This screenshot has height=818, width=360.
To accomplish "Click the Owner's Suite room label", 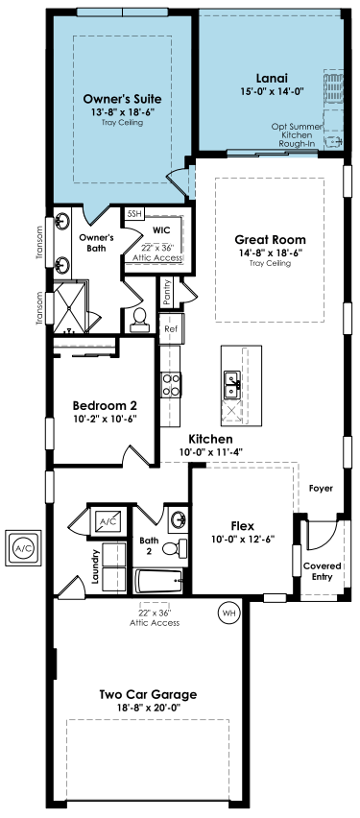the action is pos(122,99).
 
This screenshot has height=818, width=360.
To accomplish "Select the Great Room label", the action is pos(270,240).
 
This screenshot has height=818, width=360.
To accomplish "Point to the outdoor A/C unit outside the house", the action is pos(23,548).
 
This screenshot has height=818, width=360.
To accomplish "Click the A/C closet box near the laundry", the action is pos(107,520).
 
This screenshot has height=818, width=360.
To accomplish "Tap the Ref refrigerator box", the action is pos(171,328).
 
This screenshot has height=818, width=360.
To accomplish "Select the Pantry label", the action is pos(167,292).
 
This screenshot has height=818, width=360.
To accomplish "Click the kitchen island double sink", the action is pos(231,385).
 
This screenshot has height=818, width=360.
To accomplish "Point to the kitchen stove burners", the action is pos(171,384).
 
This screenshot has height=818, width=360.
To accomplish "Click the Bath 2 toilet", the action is pos(175,548).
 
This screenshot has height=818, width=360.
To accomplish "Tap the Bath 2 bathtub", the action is pos(158,581).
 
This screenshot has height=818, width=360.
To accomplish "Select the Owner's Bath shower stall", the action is pos(70,308).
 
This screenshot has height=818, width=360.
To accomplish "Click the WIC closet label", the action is pos(161,229).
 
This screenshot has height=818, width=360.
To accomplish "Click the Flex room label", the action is pos(243,525).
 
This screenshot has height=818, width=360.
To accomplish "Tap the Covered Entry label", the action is pos(323,571).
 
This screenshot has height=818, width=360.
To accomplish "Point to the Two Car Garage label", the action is pos(148,694).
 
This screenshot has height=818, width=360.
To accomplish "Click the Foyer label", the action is pos(321,489).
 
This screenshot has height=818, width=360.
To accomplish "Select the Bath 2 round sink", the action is pos(178,519).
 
